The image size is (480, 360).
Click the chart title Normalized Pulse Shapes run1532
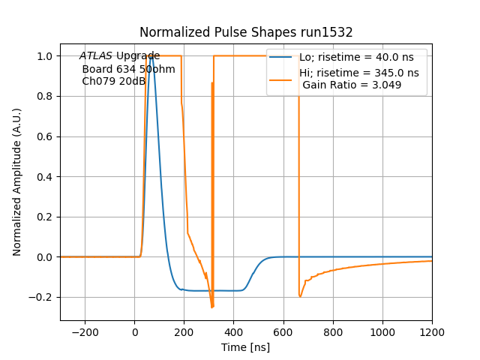pyautogui.click(x=246, y=32)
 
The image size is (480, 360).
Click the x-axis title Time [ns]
pyautogui.click(x=246, y=347)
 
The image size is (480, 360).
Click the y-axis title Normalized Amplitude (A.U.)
pyautogui.click(x=17, y=181)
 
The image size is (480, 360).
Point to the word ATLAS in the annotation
pyautogui.click(x=96, y=56)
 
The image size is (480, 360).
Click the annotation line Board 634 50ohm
pyautogui.click(x=128, y=69)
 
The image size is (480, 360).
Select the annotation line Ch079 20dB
pyautogui.click(x=113, y=81)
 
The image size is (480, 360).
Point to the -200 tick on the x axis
pyautogui.click(x=85, y=331)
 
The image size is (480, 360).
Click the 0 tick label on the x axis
pyautogui.click(x=135, y=331)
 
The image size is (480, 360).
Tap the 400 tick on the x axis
pyautogui.click(x=234, y=331)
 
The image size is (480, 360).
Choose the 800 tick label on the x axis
pyautogui.click(x=333, y=331)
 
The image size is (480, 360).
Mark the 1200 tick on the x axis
pyautogui.click(x=432, y=331)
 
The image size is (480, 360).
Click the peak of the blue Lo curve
pyautogui.click(x=152, y=56)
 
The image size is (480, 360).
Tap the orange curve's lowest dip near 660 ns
pyautogui.click(x=300, y=297)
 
